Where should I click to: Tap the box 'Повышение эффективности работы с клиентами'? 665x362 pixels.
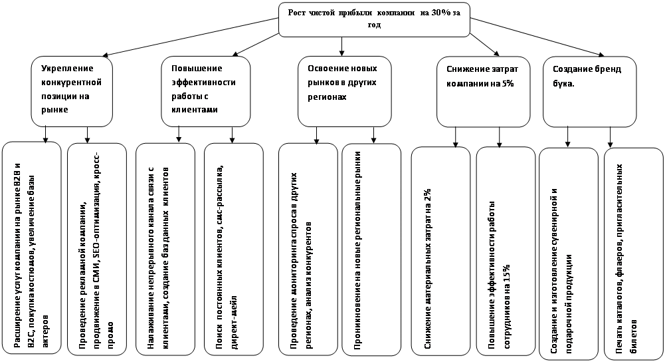206,91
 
